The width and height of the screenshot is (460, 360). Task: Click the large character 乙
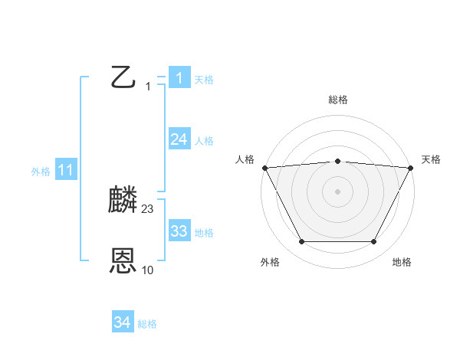(123, 77)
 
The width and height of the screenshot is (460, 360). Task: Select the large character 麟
(123, 201)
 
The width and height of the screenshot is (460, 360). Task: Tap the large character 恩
(123, 262)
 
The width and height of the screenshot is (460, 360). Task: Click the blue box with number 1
(179, 77)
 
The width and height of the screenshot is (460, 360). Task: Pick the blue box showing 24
(179, 139)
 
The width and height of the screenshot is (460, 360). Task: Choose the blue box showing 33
(179, 231)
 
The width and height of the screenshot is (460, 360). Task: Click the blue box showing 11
(65, 170)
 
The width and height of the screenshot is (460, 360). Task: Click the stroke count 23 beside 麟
(148, 208)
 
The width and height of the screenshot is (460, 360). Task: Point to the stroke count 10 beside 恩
(148, 270)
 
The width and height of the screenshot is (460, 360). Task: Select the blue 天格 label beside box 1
(204, 79)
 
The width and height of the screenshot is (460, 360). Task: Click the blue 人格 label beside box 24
(204, 141)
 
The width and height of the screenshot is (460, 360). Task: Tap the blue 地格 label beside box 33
(204, 233)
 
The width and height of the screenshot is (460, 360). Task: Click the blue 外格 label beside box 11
(41, 172)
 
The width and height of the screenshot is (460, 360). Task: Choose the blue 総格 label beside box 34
(147, 325)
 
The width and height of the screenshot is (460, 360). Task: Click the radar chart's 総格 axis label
(337, 100)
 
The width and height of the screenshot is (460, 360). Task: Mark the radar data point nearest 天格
(411, 168)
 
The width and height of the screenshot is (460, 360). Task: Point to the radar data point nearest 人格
(264, 168)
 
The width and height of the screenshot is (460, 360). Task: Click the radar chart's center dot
(337, 191)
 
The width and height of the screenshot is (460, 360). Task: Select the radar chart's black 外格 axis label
(270, 262)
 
